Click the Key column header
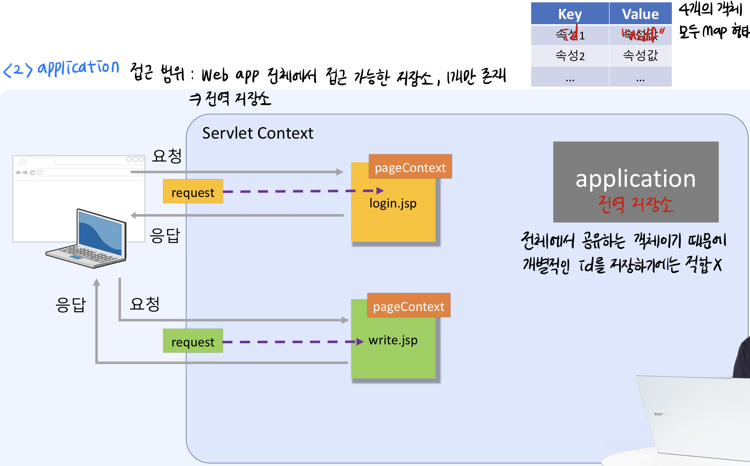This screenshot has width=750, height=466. click(x=570, y=14)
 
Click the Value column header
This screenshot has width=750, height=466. click(x=640, y=14)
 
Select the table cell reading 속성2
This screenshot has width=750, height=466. click(x=570, y=56)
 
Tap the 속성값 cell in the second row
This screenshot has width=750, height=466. click(x=640, y=56)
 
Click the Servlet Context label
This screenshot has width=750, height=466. click(x=258, y=133)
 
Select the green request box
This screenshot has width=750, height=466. click(x=193, y=341)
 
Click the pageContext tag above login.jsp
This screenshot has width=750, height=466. click(x=410, y=167)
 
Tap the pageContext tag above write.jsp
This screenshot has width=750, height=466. click(x=409, y=306)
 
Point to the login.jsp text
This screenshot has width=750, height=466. click(x=393, y=203)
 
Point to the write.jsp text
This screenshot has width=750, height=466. click(x=393, y=340)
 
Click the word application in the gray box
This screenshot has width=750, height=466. click(x=635, y=179)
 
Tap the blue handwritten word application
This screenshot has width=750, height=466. click(x=78, y=67)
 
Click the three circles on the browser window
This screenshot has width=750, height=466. click(x=135, y=159)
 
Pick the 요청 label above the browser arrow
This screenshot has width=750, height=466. click(x=167, y=156)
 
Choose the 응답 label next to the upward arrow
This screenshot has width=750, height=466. click(x=70, y=305)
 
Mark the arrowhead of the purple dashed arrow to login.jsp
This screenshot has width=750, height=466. click(x=380, y=191)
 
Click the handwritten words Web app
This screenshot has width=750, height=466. click(x=230, y=76)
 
